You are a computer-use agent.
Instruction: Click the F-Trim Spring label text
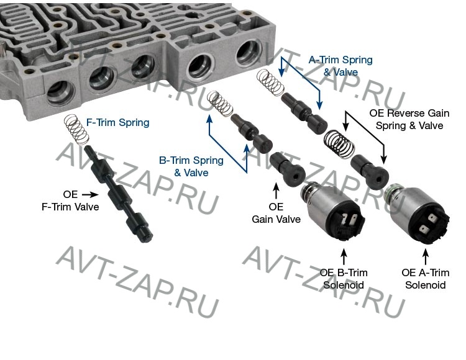click(x=117, y=122)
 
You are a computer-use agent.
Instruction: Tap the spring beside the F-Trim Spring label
click(x=76, y=130)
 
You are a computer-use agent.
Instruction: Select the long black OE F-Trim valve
click(x=118, y=194)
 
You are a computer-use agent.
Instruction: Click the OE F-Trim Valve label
click(x=70, y=200)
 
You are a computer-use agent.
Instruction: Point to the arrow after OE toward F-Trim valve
click(x=89, y=195)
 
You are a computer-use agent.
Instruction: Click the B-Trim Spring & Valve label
click(x=191, y=166)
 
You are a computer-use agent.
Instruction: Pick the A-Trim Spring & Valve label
click(x=340, y=66)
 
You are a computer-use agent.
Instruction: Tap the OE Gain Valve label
click(x=276, y=213)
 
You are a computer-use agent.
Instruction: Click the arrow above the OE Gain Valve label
click(x=276, y=191)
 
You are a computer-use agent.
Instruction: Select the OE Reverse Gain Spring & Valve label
click(x=409, y=119)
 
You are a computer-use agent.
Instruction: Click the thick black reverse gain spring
click(x=339, y=143)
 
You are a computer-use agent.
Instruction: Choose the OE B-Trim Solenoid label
click(x=344, y=279)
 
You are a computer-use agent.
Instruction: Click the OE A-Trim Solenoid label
click(x=425, y=279)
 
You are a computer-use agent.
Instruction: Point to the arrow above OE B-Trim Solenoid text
click(x=344, y=257)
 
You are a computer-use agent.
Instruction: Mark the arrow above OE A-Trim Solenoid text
click(x=426, y=257)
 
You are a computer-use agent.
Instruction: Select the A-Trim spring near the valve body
click(x=270, y=83)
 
